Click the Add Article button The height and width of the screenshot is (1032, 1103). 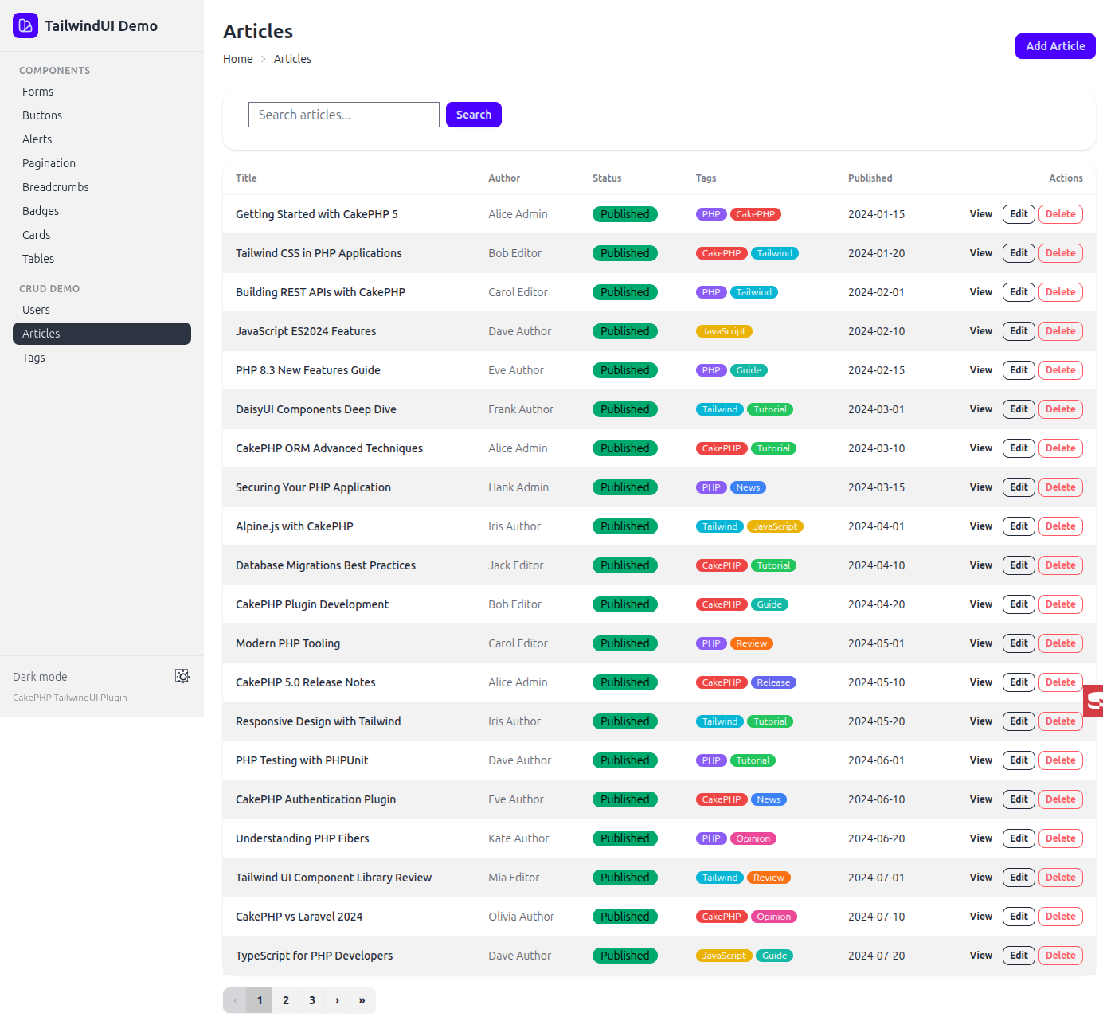(x=1054, y=46)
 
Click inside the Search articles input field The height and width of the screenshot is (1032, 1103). (x=343, y=115)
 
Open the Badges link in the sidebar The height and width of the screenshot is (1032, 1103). (x=41, y=211)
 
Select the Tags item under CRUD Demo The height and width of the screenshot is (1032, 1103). (x=33, y=358)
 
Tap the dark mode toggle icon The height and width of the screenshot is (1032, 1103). (x=182, y=676)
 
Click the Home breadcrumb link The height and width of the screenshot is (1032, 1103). (x=237, y=59)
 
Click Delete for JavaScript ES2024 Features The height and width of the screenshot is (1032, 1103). (x=1060, y=331)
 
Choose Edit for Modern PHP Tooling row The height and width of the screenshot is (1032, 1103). (x=1019, y=643)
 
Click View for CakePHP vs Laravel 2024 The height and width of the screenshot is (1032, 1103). (x=980, y=917)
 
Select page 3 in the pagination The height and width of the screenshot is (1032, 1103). (x=312, y=1000)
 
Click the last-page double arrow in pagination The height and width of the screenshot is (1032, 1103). (x=362, y=1000)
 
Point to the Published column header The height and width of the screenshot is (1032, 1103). (x=870, y=178)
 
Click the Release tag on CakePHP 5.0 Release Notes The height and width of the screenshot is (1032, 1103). (x=773, y=682)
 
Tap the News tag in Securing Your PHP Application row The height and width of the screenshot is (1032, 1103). (x=748, y=487)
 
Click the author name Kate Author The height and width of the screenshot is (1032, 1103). (x=518, y=838)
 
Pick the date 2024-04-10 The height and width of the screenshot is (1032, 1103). (x=876, y=565)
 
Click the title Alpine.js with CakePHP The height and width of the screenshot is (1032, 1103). (x=294, y=526)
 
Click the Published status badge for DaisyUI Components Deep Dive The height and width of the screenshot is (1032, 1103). (x=624, y=409)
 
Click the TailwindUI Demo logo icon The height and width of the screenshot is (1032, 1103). (x=25, y=25)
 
